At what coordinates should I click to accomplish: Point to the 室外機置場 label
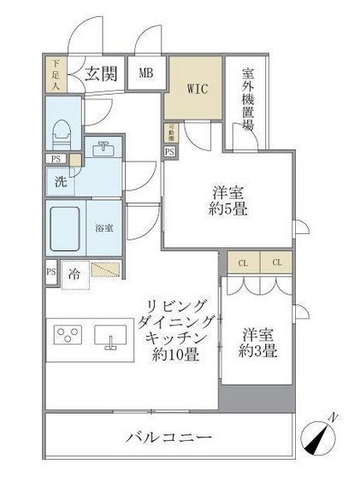pos(246,98)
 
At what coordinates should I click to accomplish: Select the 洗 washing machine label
pos(61,181)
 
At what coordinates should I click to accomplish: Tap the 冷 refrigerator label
pos(74,274)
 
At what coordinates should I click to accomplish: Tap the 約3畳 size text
pos(256,351)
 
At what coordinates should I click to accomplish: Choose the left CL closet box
pos(243,262)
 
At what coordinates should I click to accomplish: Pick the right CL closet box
pos(276,262)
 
